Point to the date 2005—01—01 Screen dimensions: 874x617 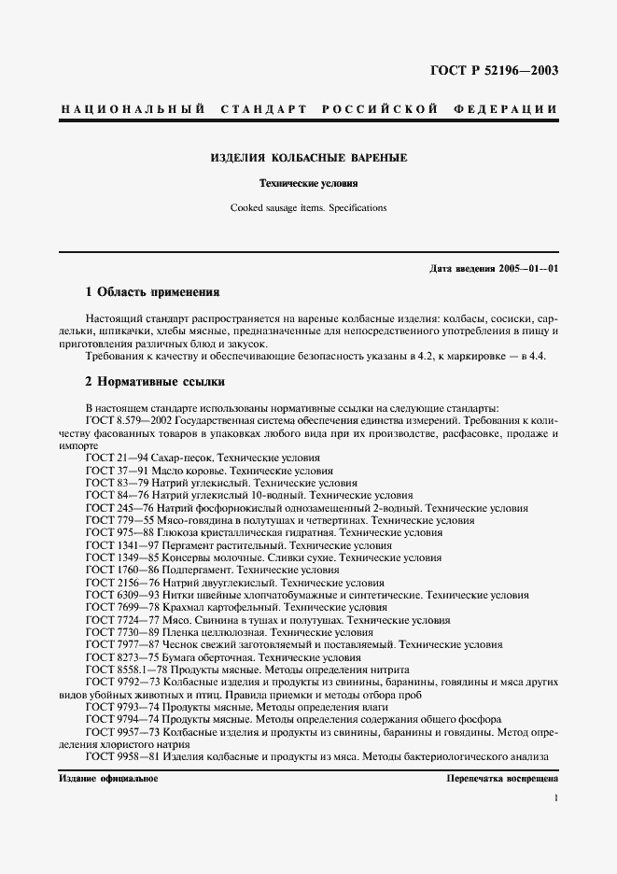point(528,268)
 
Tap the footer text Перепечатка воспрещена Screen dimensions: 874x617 point(502,778)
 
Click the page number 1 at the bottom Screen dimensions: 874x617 point(556,798)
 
